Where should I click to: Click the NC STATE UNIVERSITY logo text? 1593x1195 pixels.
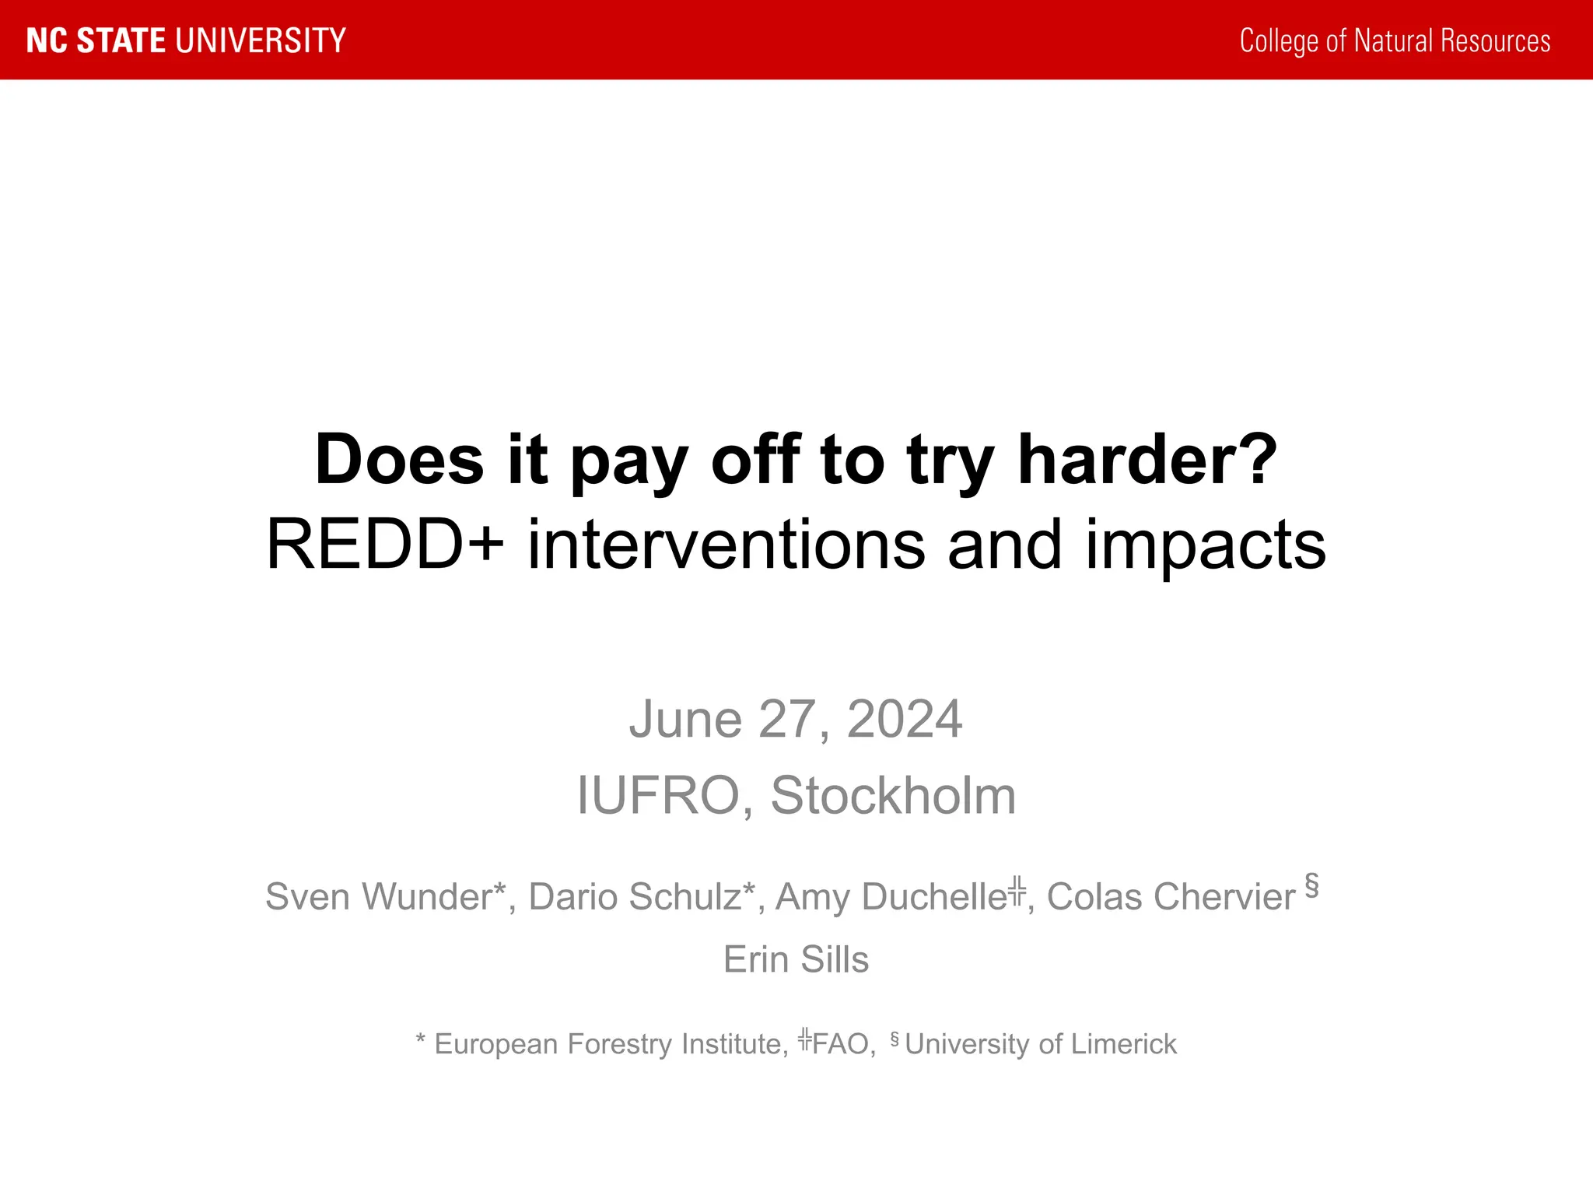[186, 40]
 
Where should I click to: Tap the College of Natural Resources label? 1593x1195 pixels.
[1395, 40]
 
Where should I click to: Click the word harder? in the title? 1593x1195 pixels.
[1147, 460]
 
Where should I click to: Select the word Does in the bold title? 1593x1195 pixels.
[399, 460]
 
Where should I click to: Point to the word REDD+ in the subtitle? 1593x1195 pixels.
[385, 545]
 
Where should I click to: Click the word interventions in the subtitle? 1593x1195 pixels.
[726, 545]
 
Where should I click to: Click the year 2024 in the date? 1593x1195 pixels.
[904, 719]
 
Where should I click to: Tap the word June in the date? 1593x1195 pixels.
[684, 719]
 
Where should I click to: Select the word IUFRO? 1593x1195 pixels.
[657, 796]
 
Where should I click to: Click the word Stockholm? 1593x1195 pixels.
[893, 796]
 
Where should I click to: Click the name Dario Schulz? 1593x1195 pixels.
[635, 897]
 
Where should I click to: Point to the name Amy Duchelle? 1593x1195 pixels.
[891, 897]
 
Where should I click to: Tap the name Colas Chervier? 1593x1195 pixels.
[1171, 897]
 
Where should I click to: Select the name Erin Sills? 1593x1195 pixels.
[796, 959]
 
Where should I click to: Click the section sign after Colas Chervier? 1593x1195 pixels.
[1311, 885]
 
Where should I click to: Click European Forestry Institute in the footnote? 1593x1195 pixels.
[607, 1044]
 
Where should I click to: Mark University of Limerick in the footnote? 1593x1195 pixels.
[1041, 1044]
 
